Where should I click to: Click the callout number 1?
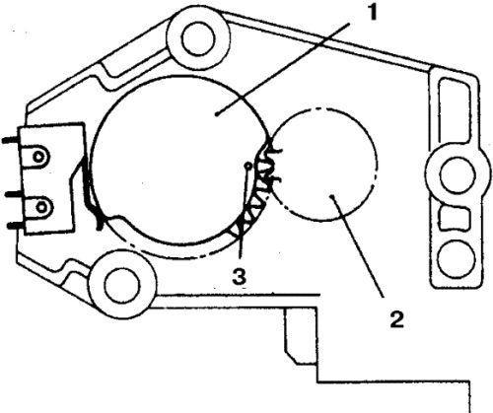click(372, 13)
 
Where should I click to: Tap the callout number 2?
click(397, 319)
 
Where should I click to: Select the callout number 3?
click(239, 276)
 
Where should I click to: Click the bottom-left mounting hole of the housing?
click(121, 285)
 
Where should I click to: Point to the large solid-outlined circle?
click(93, 161)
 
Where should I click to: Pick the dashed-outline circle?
click(377, 165)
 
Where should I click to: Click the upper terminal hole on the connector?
click(38, 157)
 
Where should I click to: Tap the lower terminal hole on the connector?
click(41, 207)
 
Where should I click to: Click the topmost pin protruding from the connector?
click(11, 140)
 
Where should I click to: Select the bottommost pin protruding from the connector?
click(16, 226)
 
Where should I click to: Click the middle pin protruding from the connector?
click(14, 194)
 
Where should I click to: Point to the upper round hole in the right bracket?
click(458, 172)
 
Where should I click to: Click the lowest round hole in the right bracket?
click(457, 259)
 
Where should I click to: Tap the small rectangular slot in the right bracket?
click(456, 218)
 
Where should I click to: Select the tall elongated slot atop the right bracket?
click(455, 110)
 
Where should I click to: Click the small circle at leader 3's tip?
click(248, 166)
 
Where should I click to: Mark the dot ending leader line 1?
click(217, 113)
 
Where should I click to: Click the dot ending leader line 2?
click(332, 196)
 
